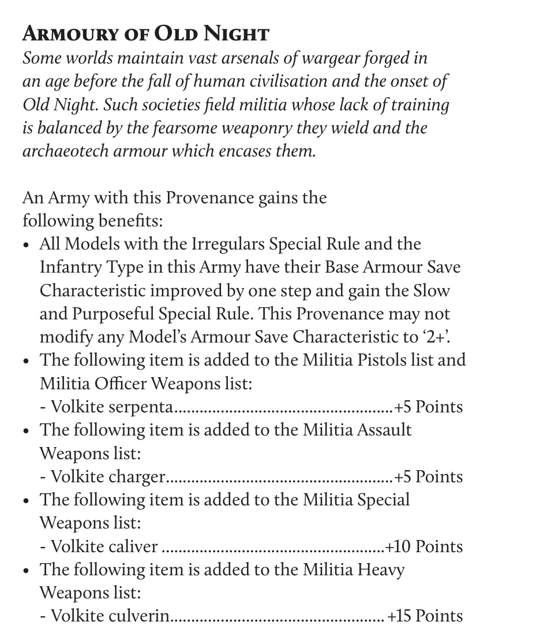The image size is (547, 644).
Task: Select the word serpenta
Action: [x=140, y=407]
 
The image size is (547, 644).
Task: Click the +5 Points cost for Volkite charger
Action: [x=428, y=477]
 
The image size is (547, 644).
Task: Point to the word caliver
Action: [x=132, y=546]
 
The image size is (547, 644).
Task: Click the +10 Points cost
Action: [x=424, y=546]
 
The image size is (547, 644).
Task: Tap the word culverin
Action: [x=139, y=616]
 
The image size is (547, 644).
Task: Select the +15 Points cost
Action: [x=425, y=616]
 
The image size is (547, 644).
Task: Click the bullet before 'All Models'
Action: [x=27, y=245]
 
